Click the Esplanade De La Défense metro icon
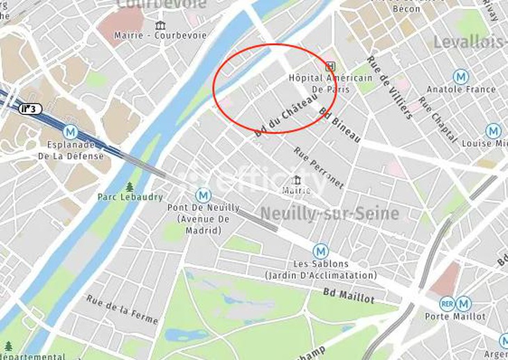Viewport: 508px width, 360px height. [70, 132]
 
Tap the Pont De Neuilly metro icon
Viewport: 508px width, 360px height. [203, 196]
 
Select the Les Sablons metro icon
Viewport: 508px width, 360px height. [320, 251]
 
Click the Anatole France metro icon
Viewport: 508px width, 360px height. [461, 77]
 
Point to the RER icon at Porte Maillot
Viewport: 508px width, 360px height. [447, 304]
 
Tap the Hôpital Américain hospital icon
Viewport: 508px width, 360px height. [331, 67]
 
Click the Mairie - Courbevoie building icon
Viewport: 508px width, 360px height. [161, 26]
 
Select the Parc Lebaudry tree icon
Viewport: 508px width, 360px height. [129, 187]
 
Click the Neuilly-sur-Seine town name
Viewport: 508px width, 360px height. [329, 213]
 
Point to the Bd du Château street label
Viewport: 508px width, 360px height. [281, 117]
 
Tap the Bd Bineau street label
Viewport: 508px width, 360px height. [340, 125]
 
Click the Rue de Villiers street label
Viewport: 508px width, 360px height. [390, 87]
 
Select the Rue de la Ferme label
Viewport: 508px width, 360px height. [122, 308]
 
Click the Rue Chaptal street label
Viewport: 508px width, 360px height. [438, 120]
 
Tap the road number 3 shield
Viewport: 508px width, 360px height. [30, 109]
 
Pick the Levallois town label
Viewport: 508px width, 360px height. [470, 42]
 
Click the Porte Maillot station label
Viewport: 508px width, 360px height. [455, 316]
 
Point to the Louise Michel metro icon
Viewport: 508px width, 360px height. [493, 130]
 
